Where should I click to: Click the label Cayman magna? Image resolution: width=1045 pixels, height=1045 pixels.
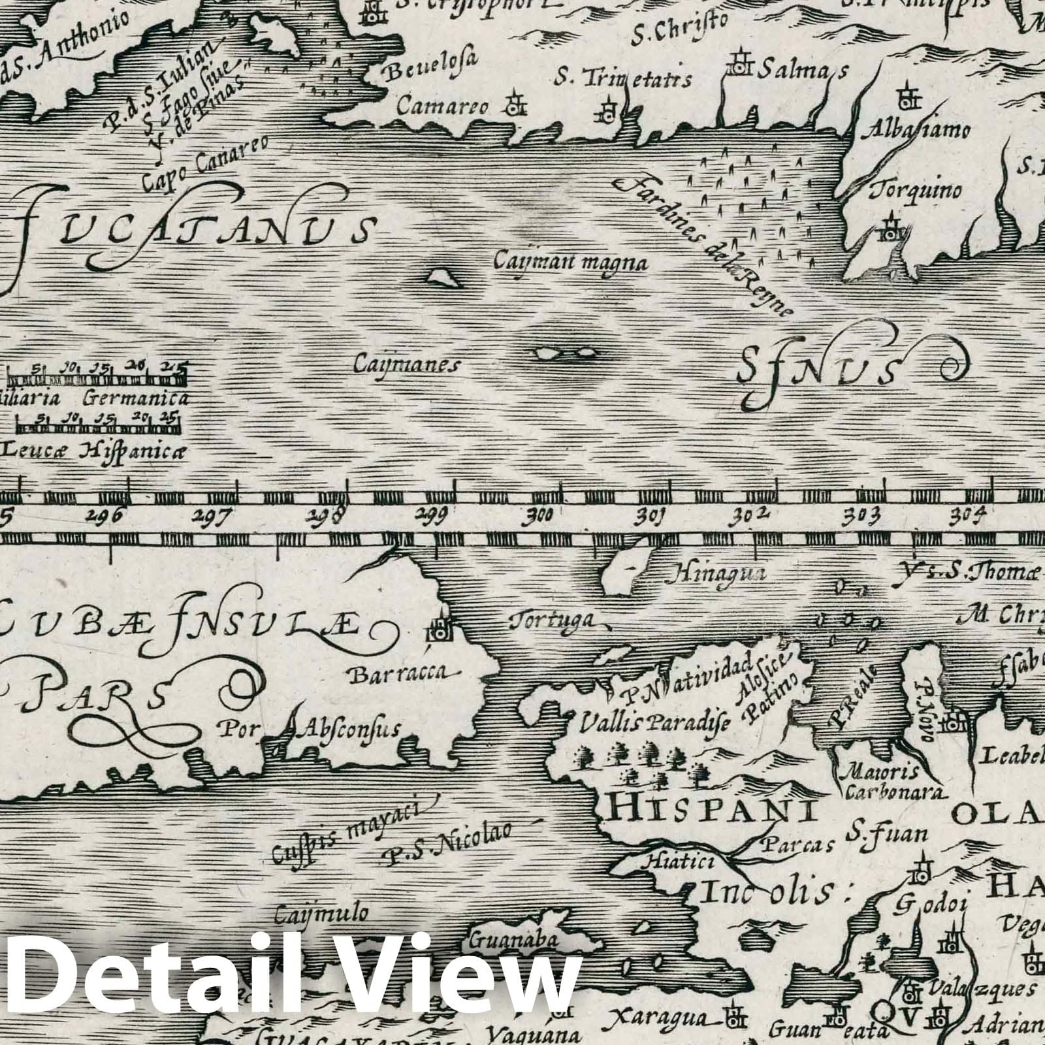coord(570,263)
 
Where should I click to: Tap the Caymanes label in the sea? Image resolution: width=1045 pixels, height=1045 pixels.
coord(406,364)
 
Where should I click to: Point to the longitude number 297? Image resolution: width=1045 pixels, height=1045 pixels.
coord(213,516)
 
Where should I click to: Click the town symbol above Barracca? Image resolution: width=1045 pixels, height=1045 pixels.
coord(437,629)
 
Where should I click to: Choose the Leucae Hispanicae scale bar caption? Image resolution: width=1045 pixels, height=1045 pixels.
coord(95,449)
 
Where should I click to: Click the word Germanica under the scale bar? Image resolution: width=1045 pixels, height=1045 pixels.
coord(136,398)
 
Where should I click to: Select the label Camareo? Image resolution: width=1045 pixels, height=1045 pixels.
coord(443,106)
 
